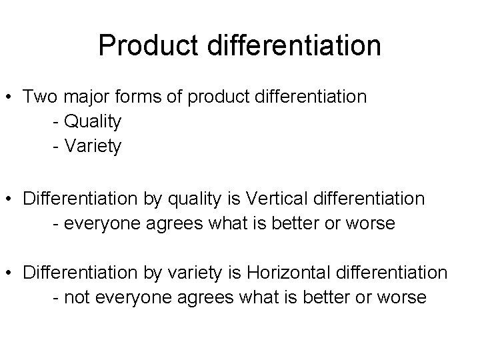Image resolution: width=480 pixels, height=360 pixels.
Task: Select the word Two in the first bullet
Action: (37, 97)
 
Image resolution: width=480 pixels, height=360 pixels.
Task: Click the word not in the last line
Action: (77, 297)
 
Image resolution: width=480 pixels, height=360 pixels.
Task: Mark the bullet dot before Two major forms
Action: (11, 97)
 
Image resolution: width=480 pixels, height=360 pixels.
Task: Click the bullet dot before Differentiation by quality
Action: (11, 199)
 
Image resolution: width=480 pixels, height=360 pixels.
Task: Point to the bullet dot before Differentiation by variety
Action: (11, 273)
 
